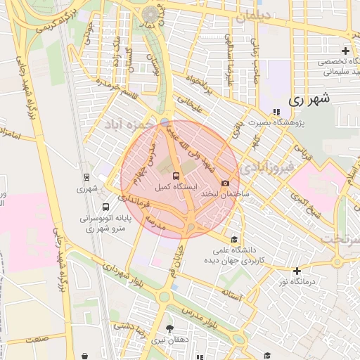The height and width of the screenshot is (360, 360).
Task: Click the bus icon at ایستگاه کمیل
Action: pos(176,176)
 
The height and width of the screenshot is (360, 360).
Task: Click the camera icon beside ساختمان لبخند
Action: pos(225,184)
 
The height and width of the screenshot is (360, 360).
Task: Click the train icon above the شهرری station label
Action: pos(86,177)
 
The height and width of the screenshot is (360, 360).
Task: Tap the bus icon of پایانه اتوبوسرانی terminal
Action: pos(105,207)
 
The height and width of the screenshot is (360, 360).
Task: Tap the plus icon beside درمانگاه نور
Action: pos(297,271)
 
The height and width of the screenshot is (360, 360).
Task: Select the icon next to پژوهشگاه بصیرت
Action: pos(275,111)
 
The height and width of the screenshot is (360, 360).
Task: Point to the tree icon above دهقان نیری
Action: pos(169,328)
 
